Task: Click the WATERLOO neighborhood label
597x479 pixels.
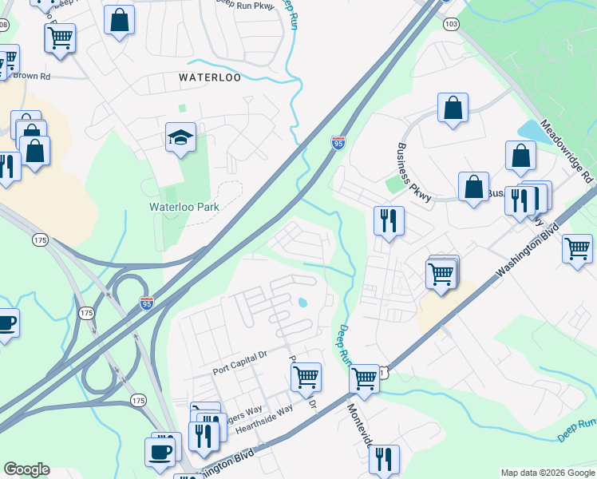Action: click(210, 78)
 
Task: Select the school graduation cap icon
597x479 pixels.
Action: click(180, 138)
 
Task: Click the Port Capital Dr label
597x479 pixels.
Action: click(243, 370)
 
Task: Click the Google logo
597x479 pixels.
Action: click(26, 469)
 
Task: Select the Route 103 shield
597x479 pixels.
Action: click(452, 25)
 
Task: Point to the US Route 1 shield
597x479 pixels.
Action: click(383, 372)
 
